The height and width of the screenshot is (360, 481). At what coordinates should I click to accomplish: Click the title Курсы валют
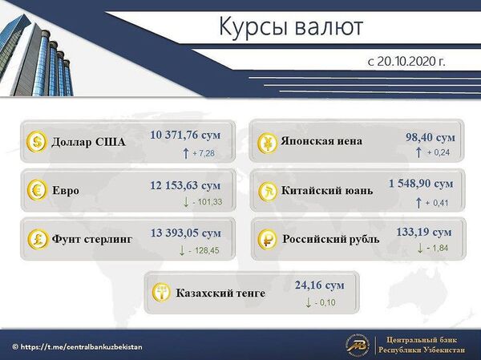291,26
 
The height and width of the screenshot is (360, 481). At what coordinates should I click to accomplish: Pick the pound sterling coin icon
37,239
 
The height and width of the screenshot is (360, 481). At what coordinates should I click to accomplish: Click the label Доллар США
88,144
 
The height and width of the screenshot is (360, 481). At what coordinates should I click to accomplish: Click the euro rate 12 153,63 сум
185,185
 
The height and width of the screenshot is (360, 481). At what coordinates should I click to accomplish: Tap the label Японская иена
321,142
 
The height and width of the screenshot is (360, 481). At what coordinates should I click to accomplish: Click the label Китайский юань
328,192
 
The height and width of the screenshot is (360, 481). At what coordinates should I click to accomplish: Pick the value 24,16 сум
319,285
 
